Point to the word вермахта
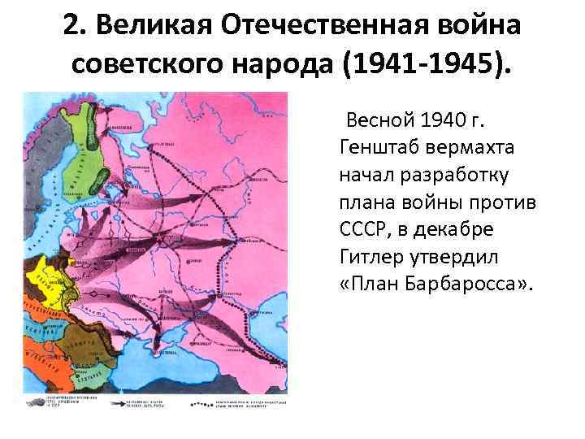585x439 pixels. coord(469,149)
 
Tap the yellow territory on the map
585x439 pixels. coord(41,276)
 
